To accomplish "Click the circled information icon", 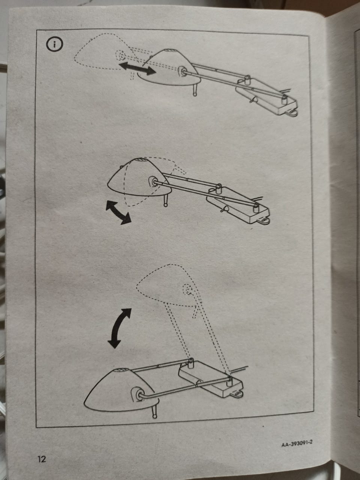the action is coord(54,44).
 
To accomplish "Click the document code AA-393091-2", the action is coord(297,437).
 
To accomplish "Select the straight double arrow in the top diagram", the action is coord(138,69).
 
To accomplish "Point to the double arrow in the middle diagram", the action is coord(118,213).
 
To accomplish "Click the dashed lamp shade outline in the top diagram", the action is coord(103,52).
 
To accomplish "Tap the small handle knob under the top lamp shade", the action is coord(195,90).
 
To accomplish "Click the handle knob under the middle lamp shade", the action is coord(166,201).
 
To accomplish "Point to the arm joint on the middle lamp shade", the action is coord(153,181).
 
